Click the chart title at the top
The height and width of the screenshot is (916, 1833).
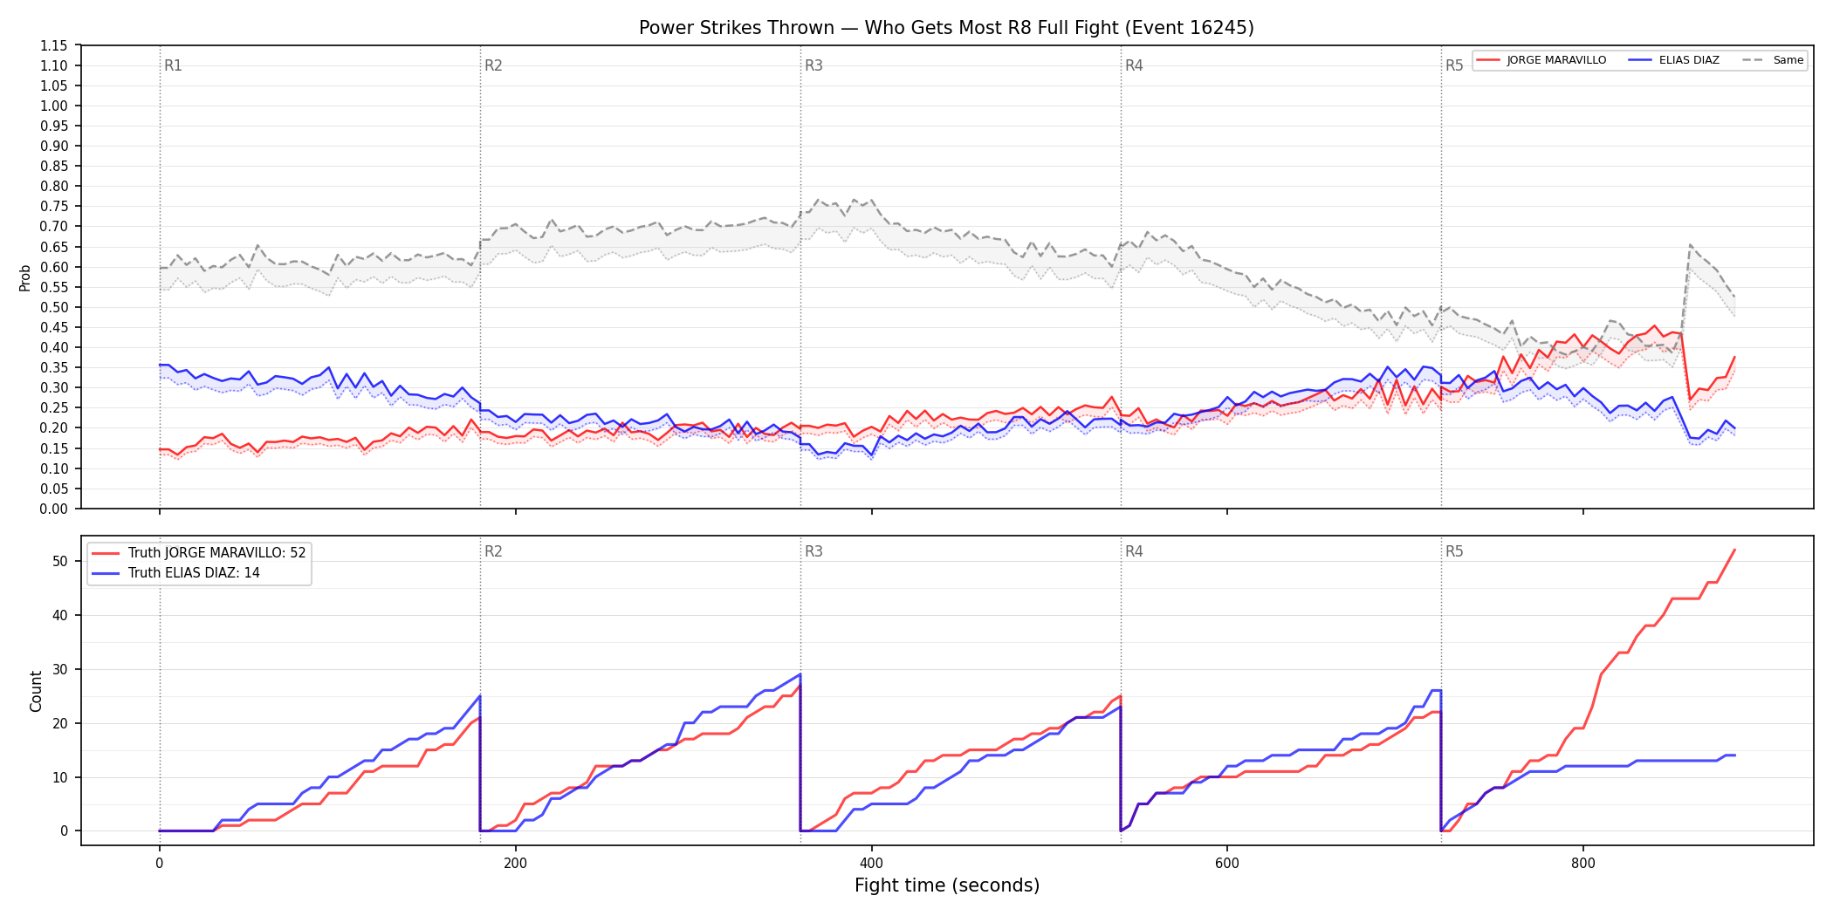pos(946,28)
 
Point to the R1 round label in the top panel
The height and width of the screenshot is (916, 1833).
pos(173,65)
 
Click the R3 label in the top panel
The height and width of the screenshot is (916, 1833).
pos(814,65)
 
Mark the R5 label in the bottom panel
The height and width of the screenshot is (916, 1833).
pos(1454,551)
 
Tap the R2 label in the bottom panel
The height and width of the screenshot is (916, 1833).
pos(493,551)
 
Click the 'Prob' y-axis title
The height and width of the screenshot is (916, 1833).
pos(25,277)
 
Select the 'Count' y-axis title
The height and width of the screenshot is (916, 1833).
pos(36,691)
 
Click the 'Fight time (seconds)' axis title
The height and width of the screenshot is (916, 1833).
pos(947,885)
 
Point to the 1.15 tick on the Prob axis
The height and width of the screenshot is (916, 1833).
pos(54,45)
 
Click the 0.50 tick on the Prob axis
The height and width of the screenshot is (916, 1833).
pos(54,307)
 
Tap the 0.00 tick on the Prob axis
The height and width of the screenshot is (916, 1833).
pos(54,509)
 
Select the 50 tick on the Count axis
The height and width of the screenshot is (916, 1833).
pos(60,561)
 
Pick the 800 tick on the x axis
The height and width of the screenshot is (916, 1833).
pos(1582,864)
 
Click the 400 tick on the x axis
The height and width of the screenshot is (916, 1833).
pos(871,864)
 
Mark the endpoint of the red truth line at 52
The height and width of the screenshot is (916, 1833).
pos(1734,550)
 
